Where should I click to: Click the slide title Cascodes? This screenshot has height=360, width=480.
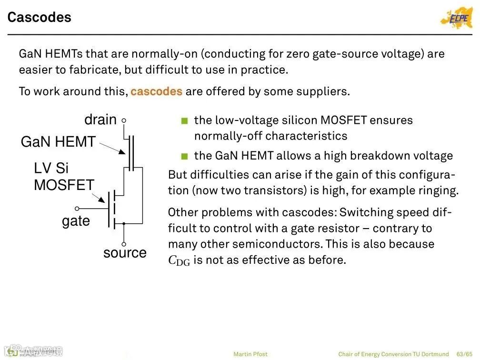40,18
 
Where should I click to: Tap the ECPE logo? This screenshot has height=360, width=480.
456,18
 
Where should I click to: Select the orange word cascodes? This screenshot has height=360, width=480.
156,91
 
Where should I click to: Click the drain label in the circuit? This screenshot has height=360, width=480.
100,120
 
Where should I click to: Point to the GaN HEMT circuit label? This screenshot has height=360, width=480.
58,142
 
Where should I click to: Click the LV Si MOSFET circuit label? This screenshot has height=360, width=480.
63,177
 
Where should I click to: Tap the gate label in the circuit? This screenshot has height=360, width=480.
76,221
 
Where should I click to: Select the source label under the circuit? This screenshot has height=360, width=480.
125,253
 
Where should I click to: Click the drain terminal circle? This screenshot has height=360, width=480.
124,121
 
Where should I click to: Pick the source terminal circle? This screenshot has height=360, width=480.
124,244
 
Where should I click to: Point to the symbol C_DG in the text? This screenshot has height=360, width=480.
179,261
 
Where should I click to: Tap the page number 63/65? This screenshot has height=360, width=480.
465,354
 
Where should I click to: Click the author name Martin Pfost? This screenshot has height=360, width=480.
250,354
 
